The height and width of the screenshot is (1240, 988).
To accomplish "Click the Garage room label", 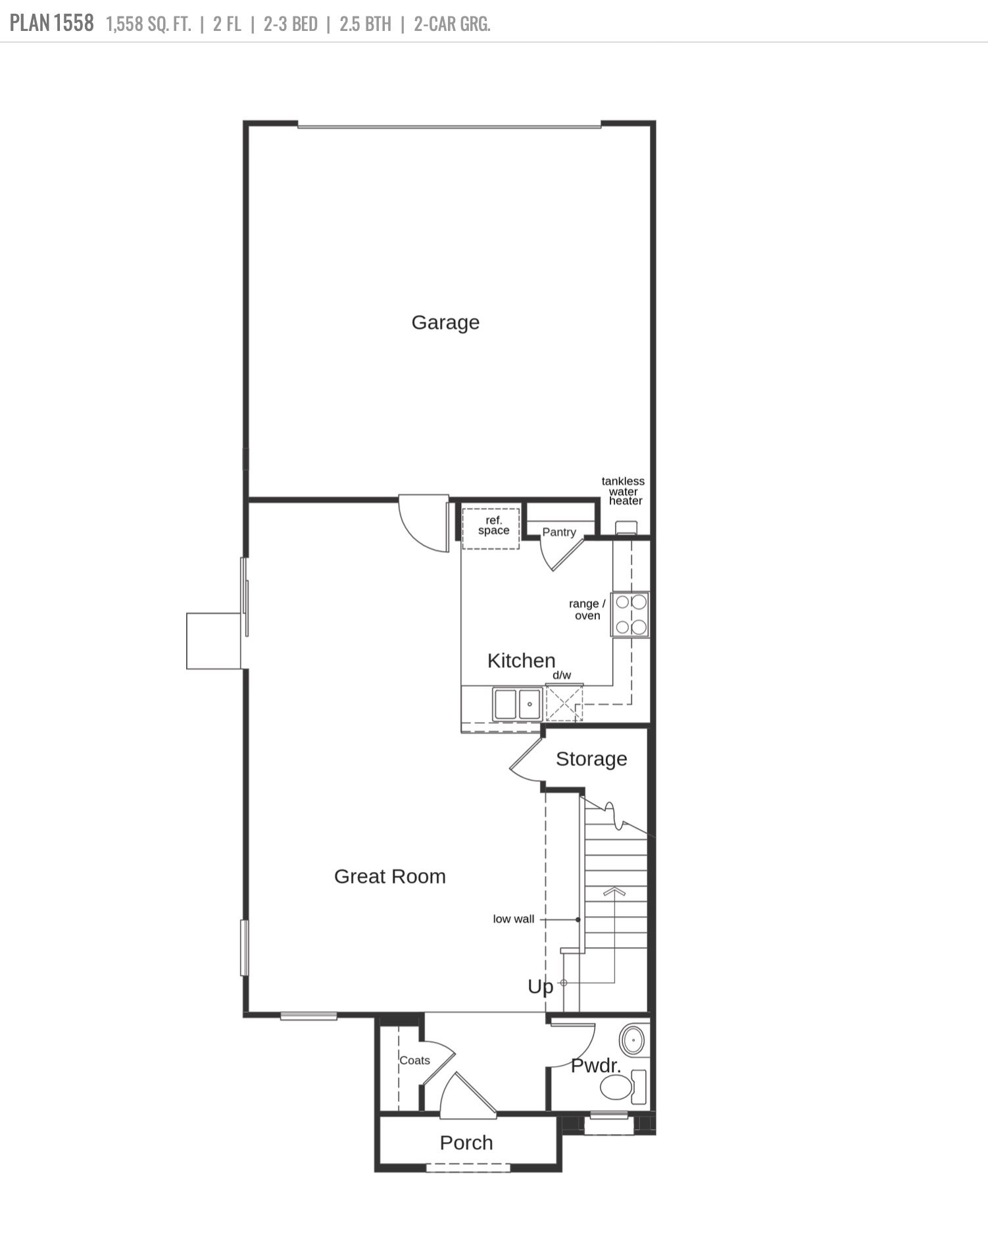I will coord(445,323).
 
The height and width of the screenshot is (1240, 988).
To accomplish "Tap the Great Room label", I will coord(389,876).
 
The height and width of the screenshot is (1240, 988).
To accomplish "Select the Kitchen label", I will coord(521,660).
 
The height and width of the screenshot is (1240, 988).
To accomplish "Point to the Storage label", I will coord(591,759).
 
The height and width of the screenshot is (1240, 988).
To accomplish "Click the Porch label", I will coord(466,1143).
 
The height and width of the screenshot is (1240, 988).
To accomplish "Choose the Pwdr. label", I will coord(595,1066).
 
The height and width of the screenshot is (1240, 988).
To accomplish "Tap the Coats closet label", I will coord(414,1060).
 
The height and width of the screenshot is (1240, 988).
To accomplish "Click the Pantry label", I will coord(558,532).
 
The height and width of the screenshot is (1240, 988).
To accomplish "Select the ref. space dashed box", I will coord(491,528).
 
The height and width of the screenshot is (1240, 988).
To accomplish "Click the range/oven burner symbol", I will coord(630,614).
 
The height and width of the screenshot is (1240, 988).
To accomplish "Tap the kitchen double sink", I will coord(518,704).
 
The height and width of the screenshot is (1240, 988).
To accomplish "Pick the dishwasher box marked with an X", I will coord(564,703).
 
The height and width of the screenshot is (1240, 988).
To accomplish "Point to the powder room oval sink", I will coord(633,1040).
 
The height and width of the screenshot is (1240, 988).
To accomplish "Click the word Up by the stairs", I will coord(540,987).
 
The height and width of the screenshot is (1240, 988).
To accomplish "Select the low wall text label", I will coord(513,919).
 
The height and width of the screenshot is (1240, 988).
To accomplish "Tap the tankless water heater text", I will coord(623,491).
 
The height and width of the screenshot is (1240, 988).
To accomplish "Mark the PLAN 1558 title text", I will coord(51,24).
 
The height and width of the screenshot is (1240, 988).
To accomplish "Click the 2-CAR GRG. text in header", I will coord(452,24).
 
